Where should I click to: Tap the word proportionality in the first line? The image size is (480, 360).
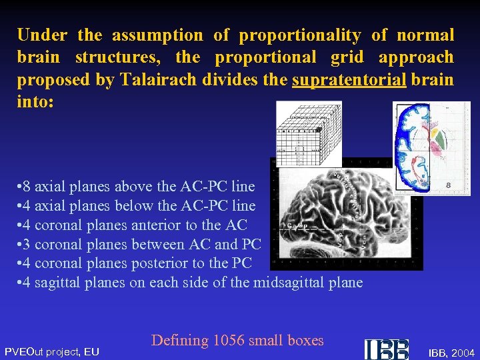[300, 35]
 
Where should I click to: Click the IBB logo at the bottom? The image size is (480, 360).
[387, 349]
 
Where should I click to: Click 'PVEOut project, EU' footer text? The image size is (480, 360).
[52, 351]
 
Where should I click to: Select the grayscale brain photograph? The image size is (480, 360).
[347, 213]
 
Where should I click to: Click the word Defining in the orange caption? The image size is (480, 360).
[180, 341]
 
